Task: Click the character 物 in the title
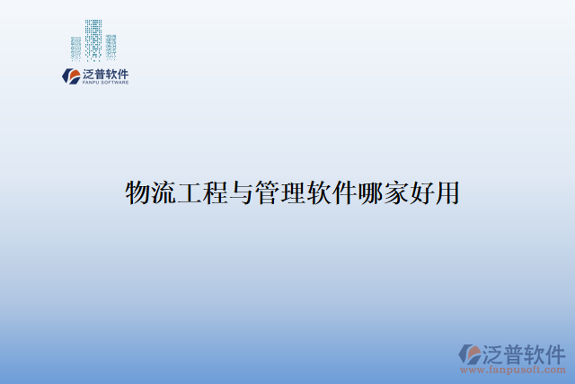click(x=138, y=192)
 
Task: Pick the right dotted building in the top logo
click(x=111, y=46)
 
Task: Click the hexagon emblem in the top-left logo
click(x=70, y=76)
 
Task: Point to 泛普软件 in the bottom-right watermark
click(x=524, y=352)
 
